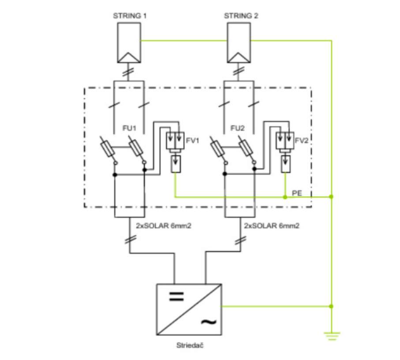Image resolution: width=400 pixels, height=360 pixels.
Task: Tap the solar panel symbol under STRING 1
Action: point(129,43)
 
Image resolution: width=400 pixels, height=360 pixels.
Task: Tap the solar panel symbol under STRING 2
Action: point(238,43)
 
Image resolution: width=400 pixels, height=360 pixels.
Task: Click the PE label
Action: point(297,193)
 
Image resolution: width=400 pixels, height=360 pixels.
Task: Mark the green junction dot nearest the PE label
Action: point(285,197)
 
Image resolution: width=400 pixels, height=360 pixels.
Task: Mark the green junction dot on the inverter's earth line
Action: point(332,306)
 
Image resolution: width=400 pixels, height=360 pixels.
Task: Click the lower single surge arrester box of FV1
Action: point(175,164)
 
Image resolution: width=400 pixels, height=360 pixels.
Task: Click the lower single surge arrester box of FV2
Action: point(285,164)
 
